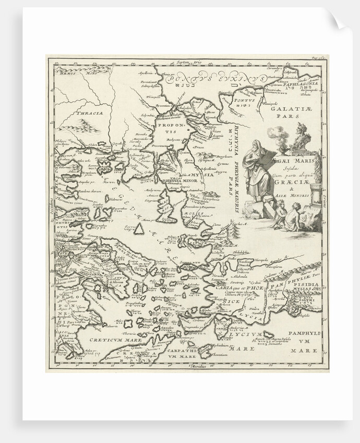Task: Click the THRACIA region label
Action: point(87,112)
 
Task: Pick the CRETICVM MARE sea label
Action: point(109,339)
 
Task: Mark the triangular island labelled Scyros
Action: point(139,228)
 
